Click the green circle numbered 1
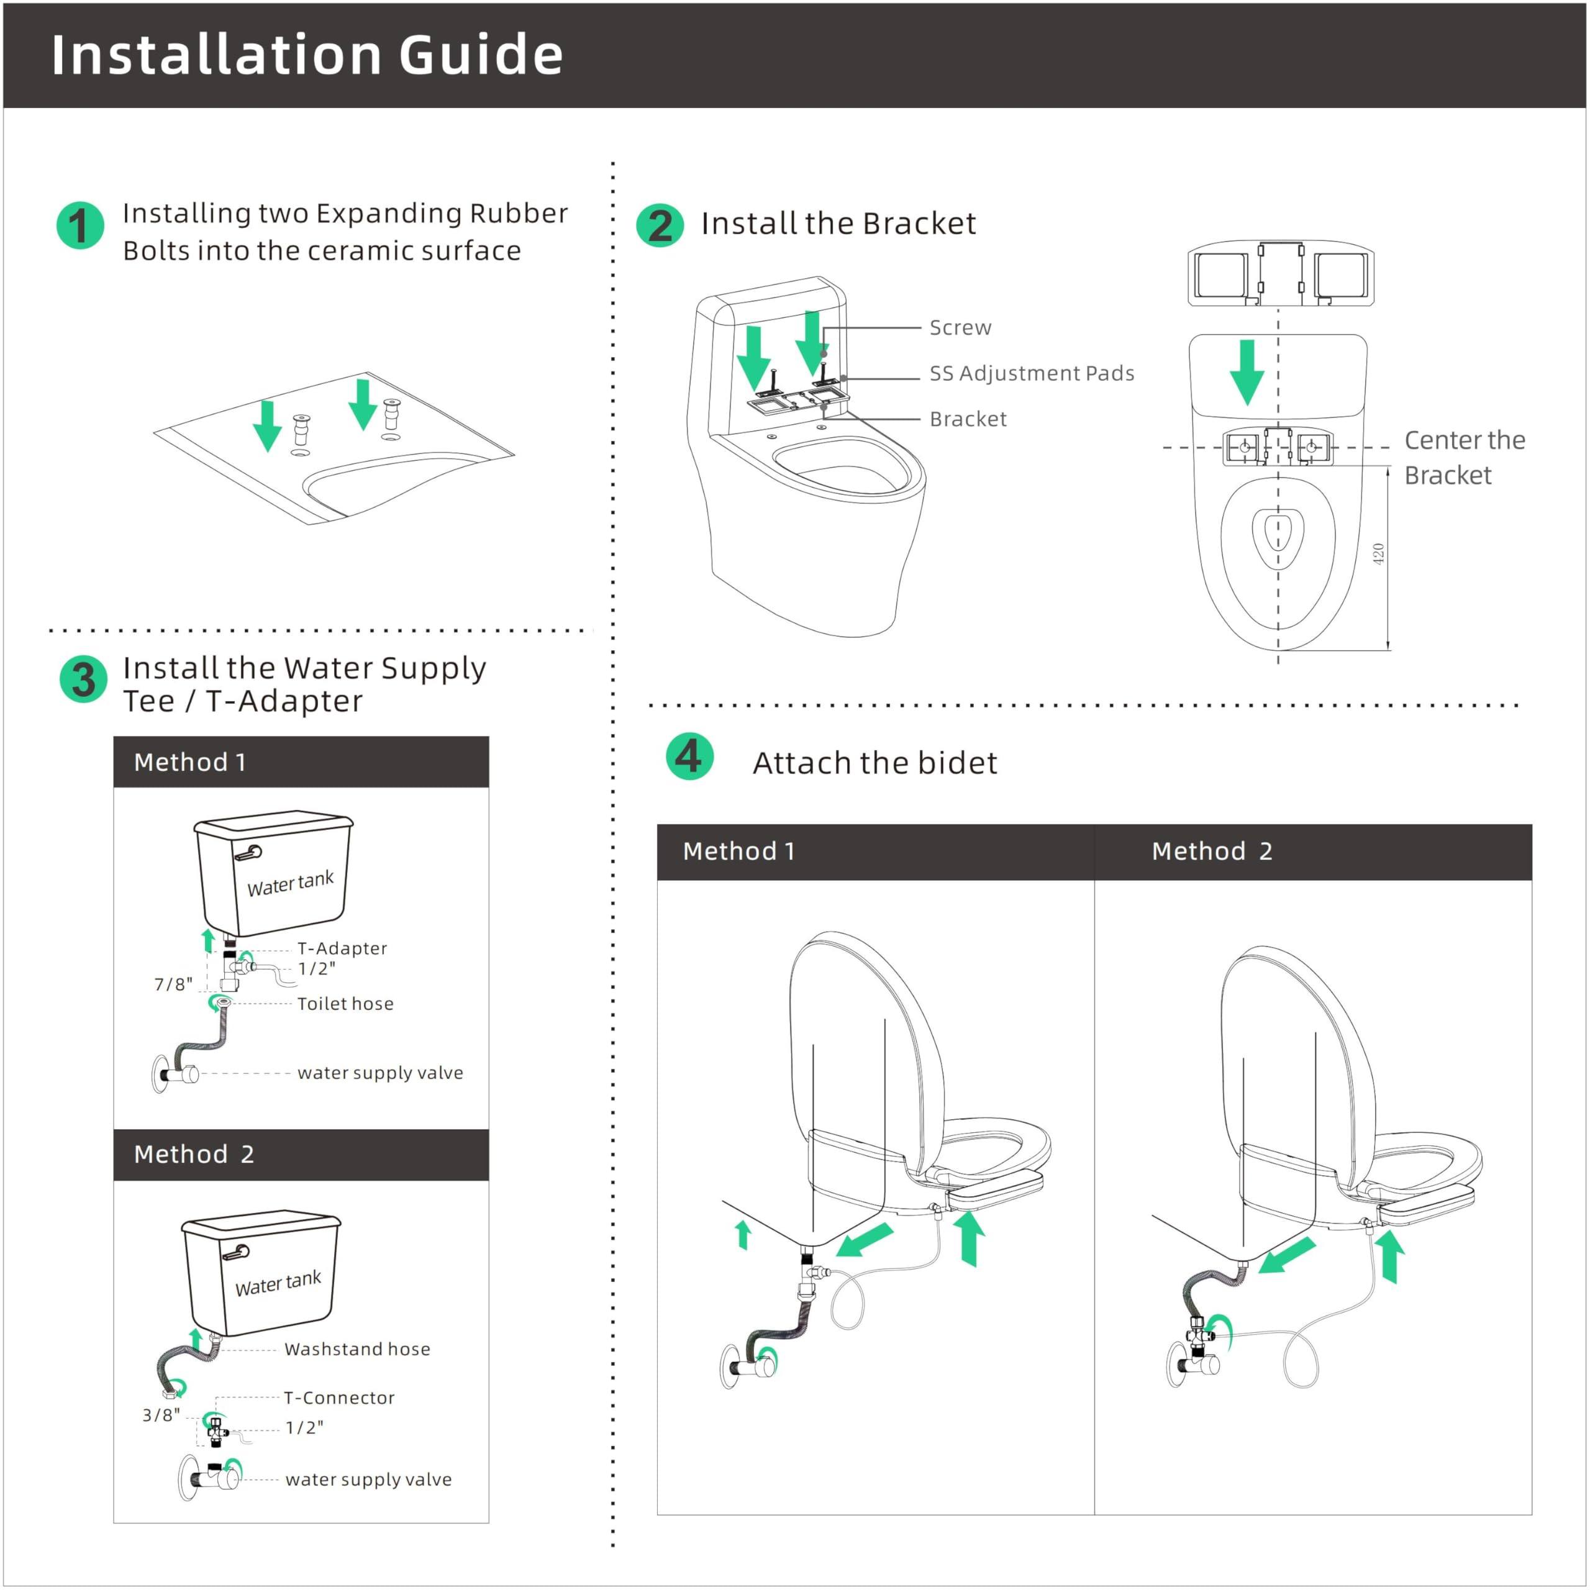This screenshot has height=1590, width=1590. tap(80, 225)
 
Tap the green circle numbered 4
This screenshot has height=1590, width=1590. tap(689, 755)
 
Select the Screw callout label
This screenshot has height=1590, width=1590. tap(960, 327)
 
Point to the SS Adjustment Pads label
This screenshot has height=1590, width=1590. tap(1031, 374)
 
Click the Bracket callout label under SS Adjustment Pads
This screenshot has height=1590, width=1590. tap(968, 420)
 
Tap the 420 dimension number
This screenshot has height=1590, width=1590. tap(1378, 554)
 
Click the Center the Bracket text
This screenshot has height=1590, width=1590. tap(1463, 458)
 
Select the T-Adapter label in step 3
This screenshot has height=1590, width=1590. tap(342, 948)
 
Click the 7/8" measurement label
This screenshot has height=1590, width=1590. tap(173, 984)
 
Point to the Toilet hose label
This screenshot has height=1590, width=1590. tap(345, 1004)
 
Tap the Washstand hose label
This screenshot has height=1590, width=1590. tap(357, 1349)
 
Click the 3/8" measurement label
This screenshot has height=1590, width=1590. tap(160, 1415)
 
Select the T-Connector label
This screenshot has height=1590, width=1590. tap(339, 1397)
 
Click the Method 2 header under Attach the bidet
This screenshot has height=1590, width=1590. tap(1211, 851)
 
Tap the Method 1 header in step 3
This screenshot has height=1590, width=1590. tap(189, 762)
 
